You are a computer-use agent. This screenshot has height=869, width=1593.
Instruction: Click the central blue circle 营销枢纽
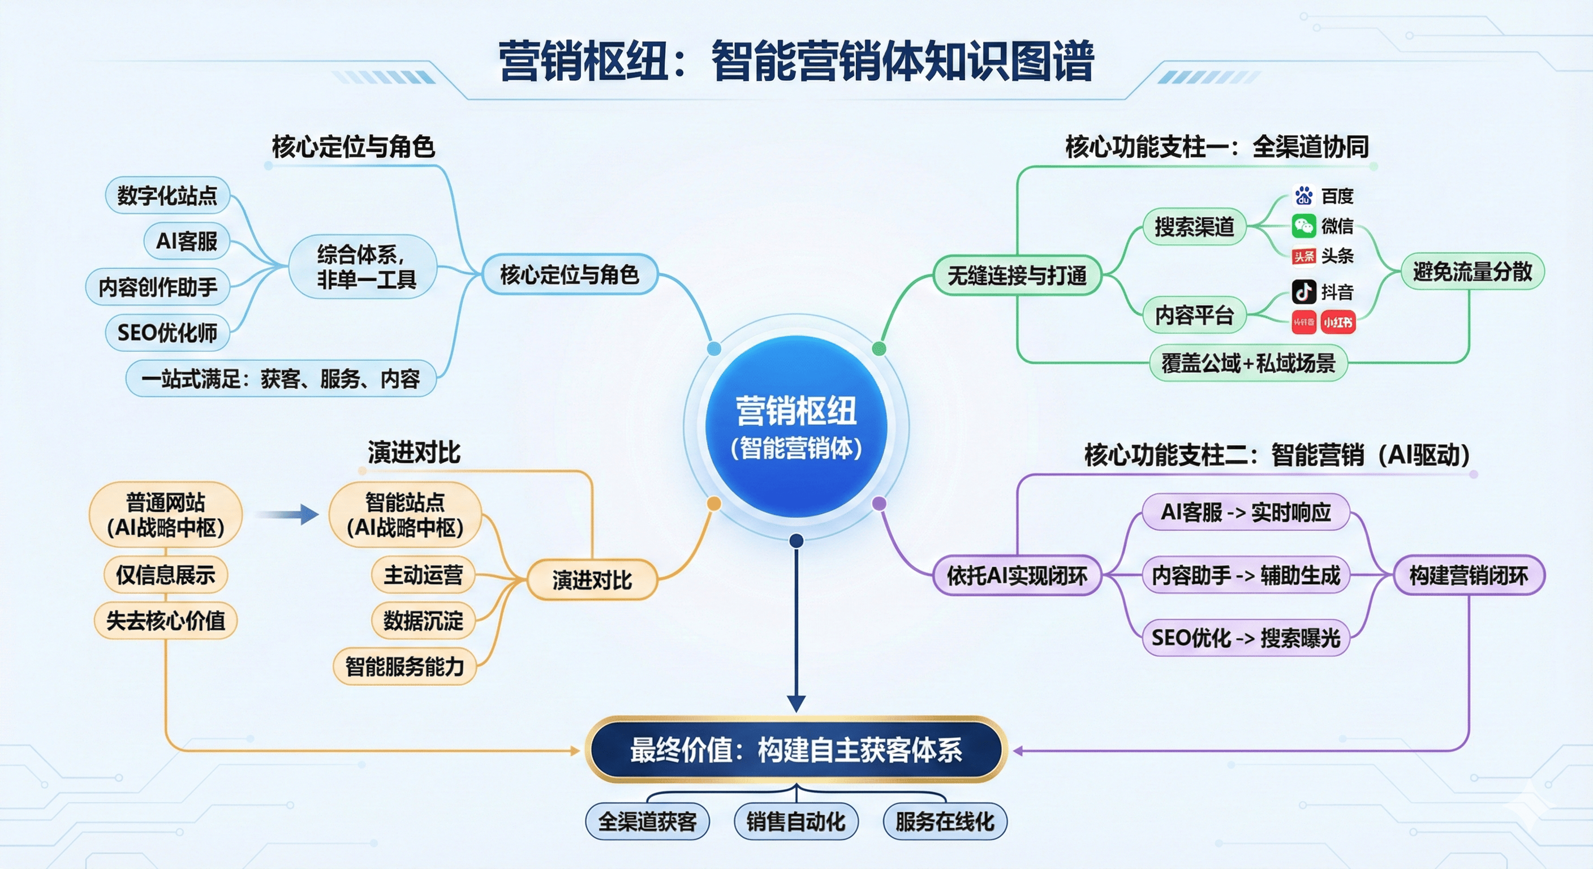click(x=796, y=427)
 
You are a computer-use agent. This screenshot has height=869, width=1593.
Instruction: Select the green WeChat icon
click(x=1303, y=226)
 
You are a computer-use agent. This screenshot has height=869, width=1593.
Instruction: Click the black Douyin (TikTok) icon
click(x=1303, y=291)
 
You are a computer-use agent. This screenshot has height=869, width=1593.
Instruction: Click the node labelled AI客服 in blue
click(x=186, y=240)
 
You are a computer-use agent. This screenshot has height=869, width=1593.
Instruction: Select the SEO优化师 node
click(x=167, y=333)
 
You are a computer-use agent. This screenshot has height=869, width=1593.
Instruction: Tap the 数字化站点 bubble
click(x=167, y=195)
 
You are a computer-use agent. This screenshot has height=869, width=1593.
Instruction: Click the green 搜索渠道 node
click(x=1194, y=226)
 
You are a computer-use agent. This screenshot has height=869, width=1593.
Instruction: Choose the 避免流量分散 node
click(x=1472, y=272)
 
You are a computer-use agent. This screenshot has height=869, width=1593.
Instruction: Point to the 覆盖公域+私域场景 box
click(x=1248, y=363)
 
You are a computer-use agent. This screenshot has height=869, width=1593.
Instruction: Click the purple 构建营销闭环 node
click(x=1468, y=575)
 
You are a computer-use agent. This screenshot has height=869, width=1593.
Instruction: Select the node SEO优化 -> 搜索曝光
click(x=1246, y=638)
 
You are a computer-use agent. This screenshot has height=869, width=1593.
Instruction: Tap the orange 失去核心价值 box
click(x=166, y=621)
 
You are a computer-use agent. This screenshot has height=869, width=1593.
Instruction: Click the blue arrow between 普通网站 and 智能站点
click(x=287, y=514)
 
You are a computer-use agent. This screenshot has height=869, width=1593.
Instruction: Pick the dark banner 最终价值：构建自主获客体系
click(x=796, y=750)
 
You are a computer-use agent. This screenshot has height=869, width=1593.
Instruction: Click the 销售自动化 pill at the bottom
click(x=795, y=821)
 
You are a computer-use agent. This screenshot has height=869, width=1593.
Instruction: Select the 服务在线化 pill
click(x=944, y=821)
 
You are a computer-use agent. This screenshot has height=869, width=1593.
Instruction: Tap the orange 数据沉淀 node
click(x=423, y=621)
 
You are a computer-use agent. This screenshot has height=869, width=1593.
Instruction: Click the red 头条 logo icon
click(x=1303, y=256)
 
